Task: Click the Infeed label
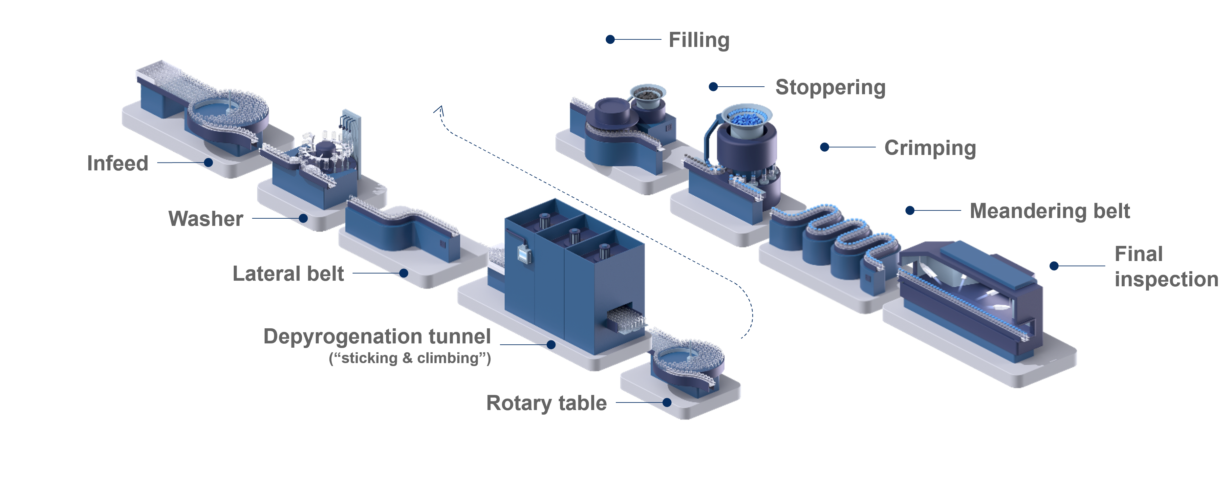tap(118, 163)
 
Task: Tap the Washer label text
tap(205, 219)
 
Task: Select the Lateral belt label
tap(288, 274)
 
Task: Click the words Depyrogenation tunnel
tap(377, 337)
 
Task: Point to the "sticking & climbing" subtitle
tap(410, 358)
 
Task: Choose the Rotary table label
tap(546, 403)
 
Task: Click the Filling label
tap(699, 40)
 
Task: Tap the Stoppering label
tap(830, 88)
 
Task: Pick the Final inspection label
tap(1166, 267)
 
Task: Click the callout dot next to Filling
tap(610, 40)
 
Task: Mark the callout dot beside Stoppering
tap(713, 87)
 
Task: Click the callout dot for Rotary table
tap(667, 402)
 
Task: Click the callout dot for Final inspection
tap(1054, 266)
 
